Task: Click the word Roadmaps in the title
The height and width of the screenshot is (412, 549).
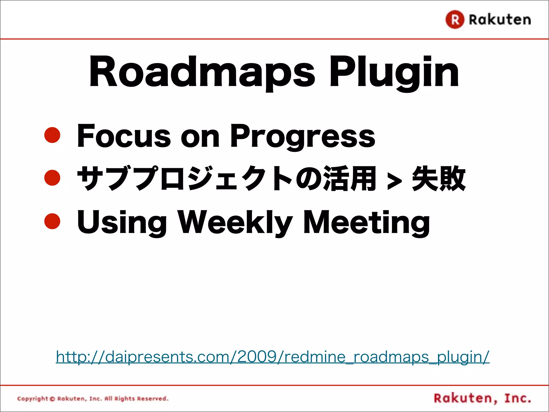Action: [202, 72]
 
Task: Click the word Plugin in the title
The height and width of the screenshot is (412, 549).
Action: [394, 72]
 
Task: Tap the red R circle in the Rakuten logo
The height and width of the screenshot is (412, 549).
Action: [455, 20]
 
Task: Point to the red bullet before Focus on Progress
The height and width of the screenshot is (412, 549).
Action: [52, 135]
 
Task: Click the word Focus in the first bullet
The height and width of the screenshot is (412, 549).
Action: [124, 136]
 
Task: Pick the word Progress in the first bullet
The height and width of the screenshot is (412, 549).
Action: [302, 136]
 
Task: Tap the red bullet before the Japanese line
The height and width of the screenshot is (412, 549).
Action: [52, 178]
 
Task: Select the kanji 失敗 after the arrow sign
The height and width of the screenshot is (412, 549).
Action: [439, 178]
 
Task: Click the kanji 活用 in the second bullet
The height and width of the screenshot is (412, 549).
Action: [350, 178]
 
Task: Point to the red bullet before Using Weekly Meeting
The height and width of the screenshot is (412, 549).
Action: [52, 221]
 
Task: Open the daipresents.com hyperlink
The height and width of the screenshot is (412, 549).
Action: [273, 357]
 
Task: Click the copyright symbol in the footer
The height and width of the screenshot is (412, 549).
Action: [52, 399]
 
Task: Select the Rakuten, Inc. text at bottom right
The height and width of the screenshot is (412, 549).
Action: [482, 398]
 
